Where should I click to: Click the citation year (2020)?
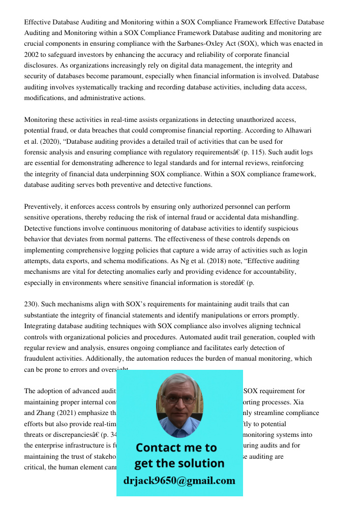coord(48,142)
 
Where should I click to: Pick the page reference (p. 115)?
coord(257,152)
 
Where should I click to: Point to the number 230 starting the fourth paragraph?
coord(30,304)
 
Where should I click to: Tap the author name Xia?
coord(313,402)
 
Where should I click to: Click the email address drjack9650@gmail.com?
coord(179,481)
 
